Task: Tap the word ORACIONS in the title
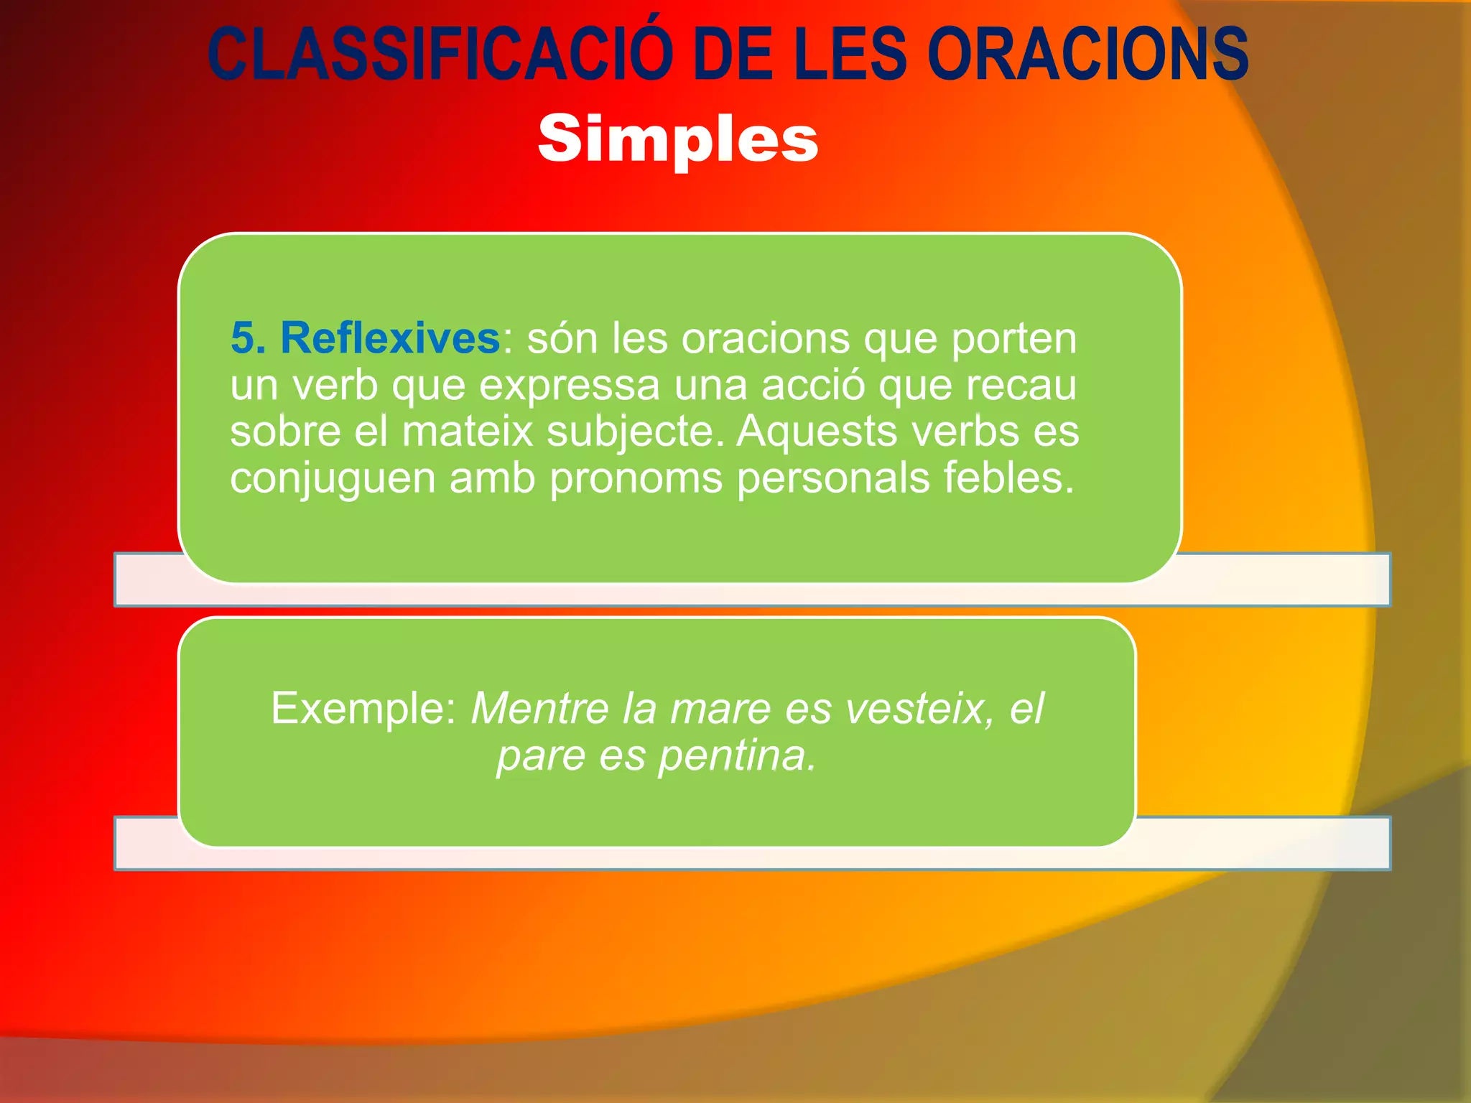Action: pyautogui.click(x=1087, y=55)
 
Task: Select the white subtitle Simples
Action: pyautogui.click(x=678, y=139)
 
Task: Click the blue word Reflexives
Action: pyautogui.click(x=390, y=338)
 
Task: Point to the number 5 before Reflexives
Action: pyautogui.click(x=243, y=338)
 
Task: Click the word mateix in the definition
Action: pyautogui.click(x=468, y=432)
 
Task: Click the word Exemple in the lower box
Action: pyautogui.click(x=363, y=709)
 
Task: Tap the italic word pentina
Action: pyautogui.click(x=737, y=755)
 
